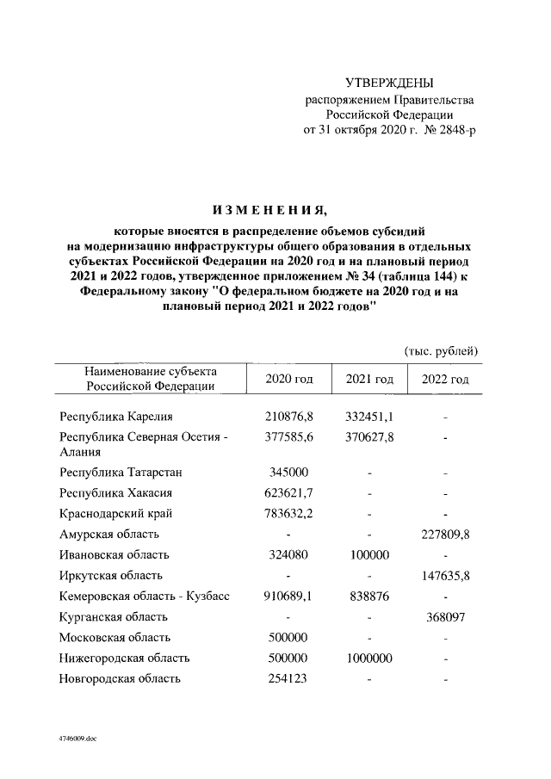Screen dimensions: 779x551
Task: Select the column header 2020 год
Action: pos(288,380)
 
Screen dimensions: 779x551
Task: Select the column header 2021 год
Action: pos(369,380)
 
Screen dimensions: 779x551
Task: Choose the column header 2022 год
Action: pos(445,380)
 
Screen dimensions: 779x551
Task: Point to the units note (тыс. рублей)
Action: pos(441,350)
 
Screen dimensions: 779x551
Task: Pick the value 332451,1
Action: pos(369,417)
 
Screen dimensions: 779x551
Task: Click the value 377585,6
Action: pos(288,437)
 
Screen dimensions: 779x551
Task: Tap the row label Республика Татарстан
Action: pos(121,473)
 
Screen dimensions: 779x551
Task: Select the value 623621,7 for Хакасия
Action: pos(288,493)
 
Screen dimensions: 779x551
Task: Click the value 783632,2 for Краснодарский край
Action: pos(288,514)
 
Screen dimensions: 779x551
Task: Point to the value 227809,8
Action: pos(445,535)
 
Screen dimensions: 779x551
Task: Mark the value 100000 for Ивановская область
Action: pos(369,555)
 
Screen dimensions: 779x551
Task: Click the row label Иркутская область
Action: pos(111,576)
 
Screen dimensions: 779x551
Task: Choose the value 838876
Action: pos(369,597)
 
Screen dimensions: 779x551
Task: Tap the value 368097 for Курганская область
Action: pos(445,617)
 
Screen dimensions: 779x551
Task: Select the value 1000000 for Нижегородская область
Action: pos(369,658)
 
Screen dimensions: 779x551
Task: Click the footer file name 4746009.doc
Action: pos(78,738)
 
